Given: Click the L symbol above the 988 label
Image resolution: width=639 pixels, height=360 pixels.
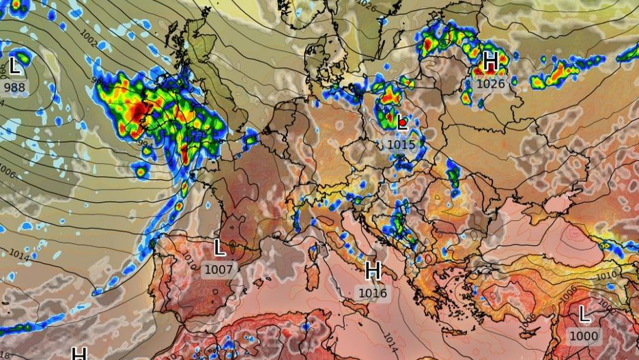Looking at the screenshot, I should (15, 66).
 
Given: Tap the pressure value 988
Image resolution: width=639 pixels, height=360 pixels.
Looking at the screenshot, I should (15, 87).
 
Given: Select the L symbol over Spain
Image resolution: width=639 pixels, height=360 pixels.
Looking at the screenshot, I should (219, 247).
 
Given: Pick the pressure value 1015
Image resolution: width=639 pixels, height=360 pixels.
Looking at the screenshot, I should (401, 144).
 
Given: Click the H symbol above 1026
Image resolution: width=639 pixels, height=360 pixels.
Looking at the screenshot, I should (490, 61).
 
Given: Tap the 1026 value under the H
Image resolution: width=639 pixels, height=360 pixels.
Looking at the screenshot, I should (490, 83).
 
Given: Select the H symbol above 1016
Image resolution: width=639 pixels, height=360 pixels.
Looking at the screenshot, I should (373, 271).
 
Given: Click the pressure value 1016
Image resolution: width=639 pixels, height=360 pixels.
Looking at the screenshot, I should (373, 293).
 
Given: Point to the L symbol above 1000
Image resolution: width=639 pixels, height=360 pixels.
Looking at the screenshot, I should (584, 314).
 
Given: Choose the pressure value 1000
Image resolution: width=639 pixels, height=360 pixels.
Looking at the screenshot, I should (584, 336).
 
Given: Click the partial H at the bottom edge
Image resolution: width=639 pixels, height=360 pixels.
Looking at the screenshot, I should (79, 354).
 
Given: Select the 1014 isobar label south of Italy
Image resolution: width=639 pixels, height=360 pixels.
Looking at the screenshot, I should (390, 340).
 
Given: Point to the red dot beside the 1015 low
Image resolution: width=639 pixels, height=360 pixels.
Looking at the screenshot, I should (403, 123).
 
